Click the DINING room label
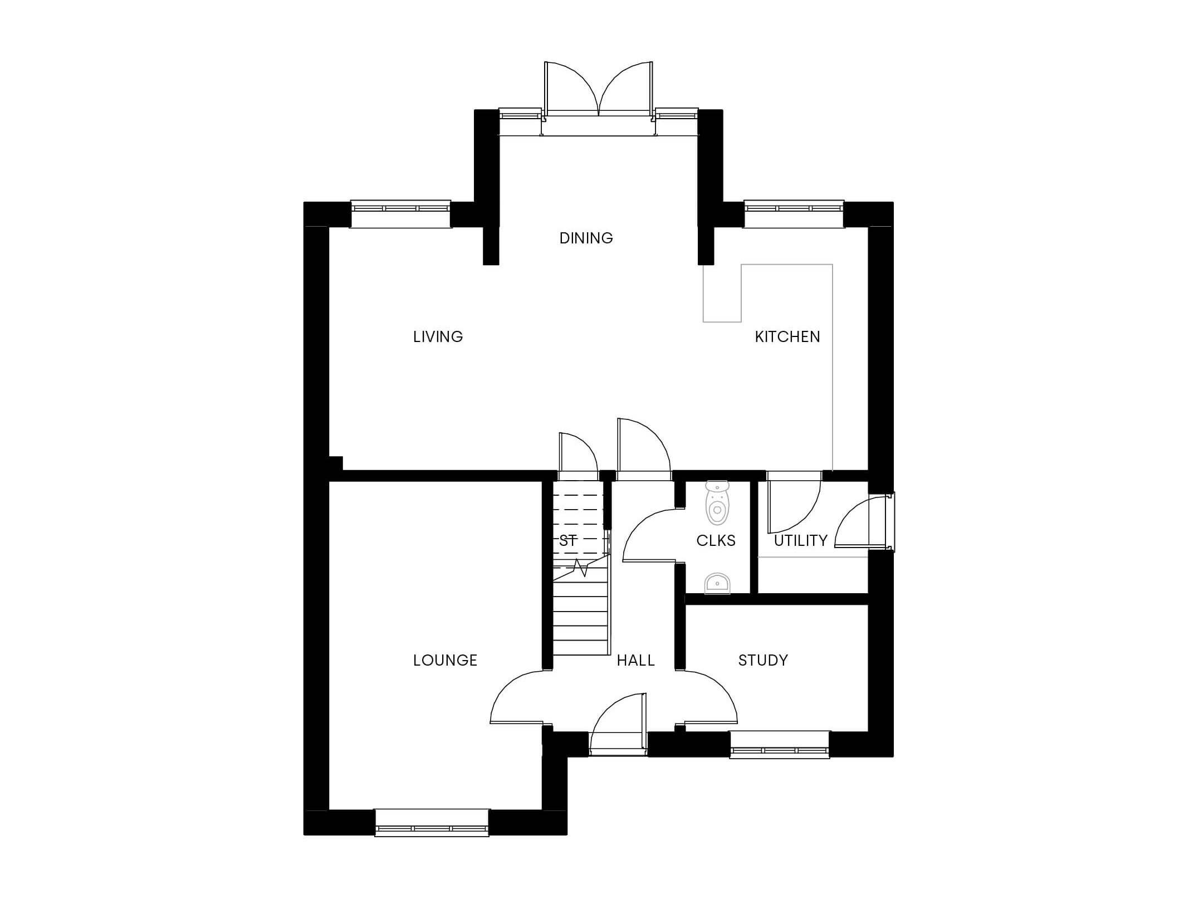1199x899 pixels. (x=586, y=238)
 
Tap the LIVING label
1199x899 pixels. (x=438, y=336)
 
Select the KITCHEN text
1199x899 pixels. (x=787, y=336)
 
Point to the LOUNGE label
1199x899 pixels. (x=445, y=660)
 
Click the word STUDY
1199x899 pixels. (x=763, y=660)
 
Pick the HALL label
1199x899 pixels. (x=635, y=660)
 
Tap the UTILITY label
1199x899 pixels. (x=800, y=540)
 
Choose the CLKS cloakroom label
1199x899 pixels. (x=716, y=540)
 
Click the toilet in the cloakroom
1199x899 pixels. (x=717, y=502)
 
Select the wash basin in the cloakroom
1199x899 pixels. (x=717, y=583)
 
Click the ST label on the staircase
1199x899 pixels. (x=567, y=540)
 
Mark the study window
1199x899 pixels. (x=780, y=745)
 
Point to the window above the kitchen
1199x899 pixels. (x=794, y=214)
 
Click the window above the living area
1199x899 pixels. (x=400, y=214)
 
